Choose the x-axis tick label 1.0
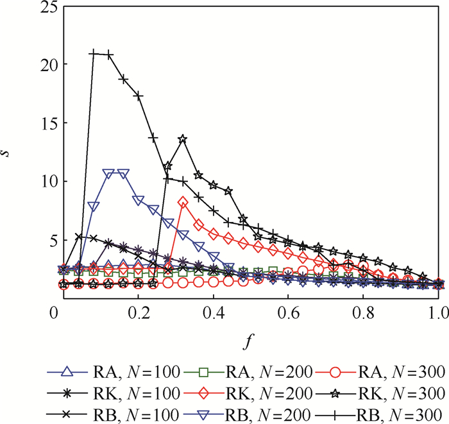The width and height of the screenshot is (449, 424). [x=437, y=312]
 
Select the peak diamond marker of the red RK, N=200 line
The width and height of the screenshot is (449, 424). [x=183, y=202]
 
